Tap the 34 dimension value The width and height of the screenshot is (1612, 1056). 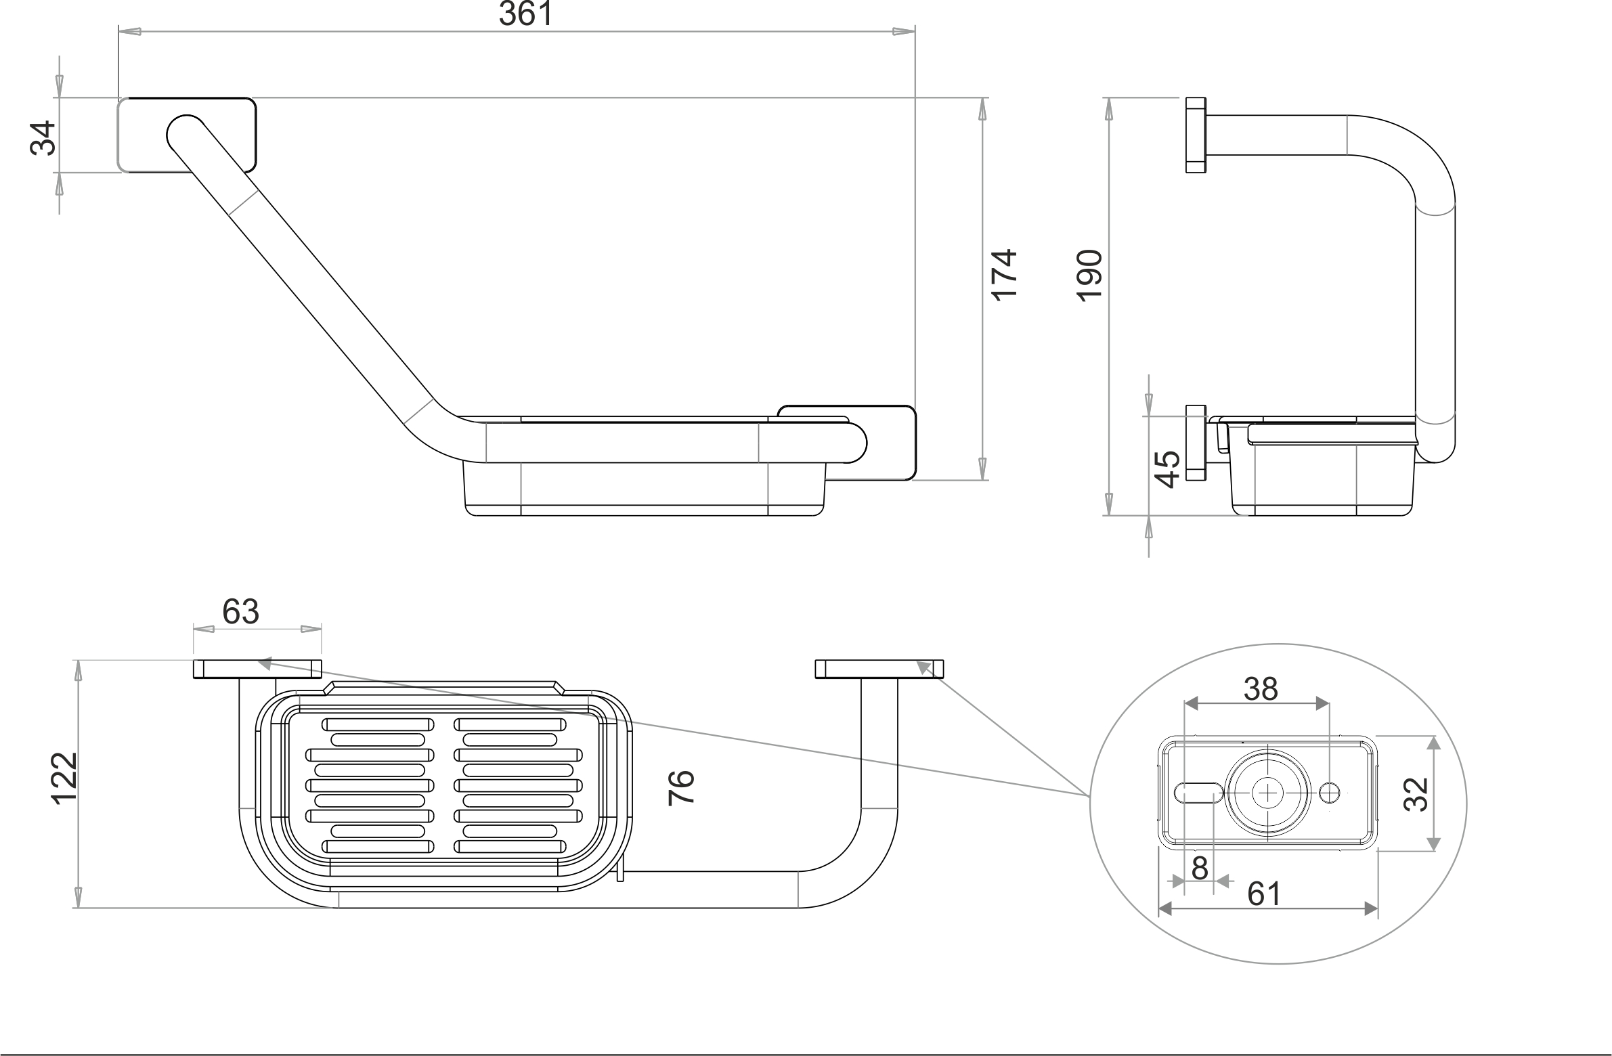pos(43,138)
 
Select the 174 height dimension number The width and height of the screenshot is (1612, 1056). pos(1004,274)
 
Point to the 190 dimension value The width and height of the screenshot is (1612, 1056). pos(1090,275)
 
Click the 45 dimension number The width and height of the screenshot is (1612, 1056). pos(1167,468)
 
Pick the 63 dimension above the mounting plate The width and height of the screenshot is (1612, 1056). pos(240,612)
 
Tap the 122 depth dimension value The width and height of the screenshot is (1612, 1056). pos(65,778)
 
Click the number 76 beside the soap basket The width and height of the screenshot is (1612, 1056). pos(681,787)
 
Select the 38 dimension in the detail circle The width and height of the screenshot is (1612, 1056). pos(1261,689)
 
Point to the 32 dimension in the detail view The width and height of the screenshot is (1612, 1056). pos(1416,794)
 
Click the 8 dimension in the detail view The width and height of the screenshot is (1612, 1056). pos(1200,868)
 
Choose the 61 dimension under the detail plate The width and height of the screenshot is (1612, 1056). pos(1264,894)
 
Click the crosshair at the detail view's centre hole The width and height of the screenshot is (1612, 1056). pos(1266,793)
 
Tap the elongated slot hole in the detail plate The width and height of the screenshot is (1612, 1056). pos(1198,792)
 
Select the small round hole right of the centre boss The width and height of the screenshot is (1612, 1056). pos(1330,792)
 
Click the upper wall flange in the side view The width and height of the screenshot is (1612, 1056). pos(1196,135)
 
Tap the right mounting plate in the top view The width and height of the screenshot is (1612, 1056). pos(879,669)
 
